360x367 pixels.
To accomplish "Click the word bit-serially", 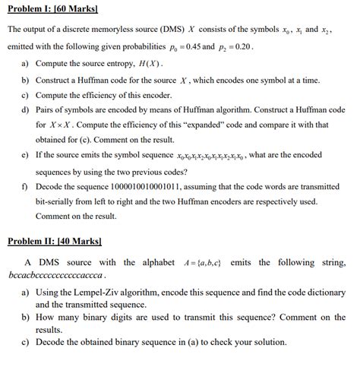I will [x=58, y=202].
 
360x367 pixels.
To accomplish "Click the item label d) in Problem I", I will [x=26, y=109].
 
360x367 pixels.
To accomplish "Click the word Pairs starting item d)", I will [x=47, y=109].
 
